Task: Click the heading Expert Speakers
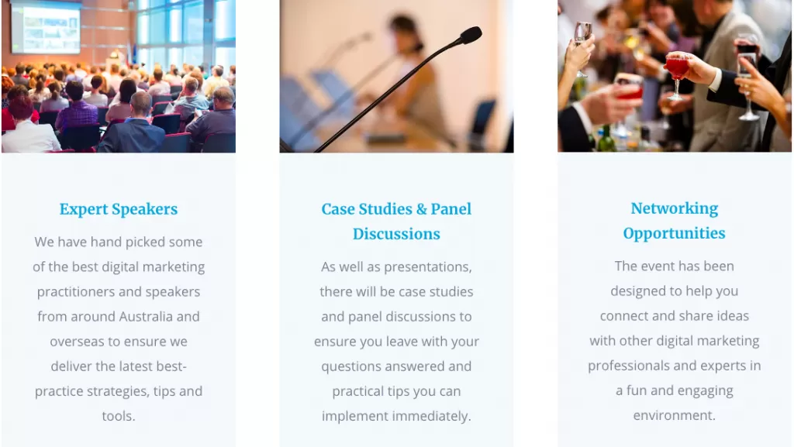119,209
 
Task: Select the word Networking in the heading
674,208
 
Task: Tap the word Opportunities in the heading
674,233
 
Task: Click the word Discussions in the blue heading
396,234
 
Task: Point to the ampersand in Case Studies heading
422,209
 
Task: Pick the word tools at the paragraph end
119,416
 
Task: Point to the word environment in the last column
674,415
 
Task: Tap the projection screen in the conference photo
46,28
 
